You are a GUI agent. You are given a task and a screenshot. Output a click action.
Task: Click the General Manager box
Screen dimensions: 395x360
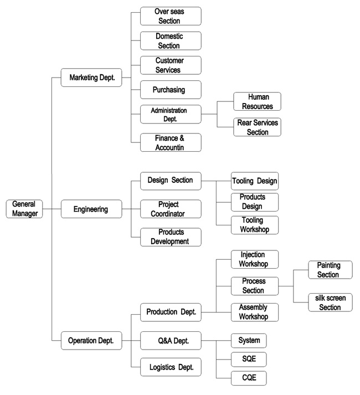click(24, 209)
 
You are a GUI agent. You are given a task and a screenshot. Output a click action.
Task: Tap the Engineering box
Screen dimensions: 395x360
click(91, 209)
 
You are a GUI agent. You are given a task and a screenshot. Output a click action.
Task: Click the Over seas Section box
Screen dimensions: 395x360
click(169, 16)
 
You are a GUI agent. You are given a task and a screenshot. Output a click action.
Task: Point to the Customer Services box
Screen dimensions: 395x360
click(169, 65)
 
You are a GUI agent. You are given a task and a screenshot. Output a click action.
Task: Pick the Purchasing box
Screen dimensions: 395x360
click(169, 90)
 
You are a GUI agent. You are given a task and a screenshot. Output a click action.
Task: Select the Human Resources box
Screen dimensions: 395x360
click(257, 101)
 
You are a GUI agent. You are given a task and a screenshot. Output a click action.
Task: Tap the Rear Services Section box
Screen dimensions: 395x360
click(257, 127)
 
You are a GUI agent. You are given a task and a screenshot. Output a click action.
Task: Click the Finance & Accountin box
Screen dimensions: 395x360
click(169, 142)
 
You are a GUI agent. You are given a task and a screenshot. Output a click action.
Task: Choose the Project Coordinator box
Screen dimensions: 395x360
click(169, 209)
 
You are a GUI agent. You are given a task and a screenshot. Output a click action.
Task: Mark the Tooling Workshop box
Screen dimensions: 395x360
click(254, 225)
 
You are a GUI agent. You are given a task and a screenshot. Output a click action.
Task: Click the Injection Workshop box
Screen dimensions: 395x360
click(254, 259)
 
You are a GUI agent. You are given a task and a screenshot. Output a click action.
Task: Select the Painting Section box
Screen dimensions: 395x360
click(328, 270)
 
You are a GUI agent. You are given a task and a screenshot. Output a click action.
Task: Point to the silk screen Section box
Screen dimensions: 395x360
click(330, 302)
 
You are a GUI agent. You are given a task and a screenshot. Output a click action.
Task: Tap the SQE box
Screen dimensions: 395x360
click(249, 359)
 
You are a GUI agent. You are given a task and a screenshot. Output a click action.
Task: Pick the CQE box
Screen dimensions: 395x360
click(249, 378)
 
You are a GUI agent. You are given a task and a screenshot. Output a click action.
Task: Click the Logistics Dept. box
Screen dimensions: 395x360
click(169, 367)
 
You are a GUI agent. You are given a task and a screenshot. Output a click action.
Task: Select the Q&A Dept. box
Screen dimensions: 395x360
click(169, 341)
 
